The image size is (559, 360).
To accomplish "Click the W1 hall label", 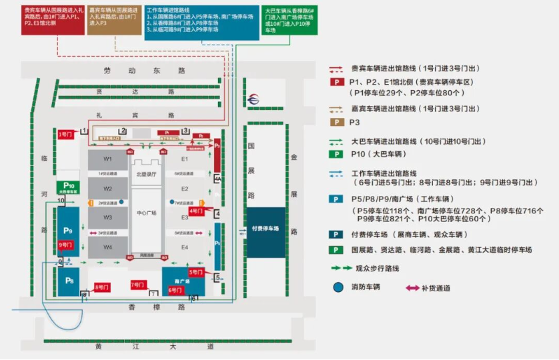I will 107,159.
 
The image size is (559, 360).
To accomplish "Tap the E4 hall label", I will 185,247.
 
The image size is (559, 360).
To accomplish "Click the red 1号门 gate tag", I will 65,135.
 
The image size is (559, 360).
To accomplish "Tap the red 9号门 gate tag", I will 65,245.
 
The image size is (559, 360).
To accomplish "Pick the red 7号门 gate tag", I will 138,284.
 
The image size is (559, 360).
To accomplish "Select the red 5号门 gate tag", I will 195,272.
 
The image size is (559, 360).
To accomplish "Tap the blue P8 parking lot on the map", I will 69,281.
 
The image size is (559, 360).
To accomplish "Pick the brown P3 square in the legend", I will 339,122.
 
